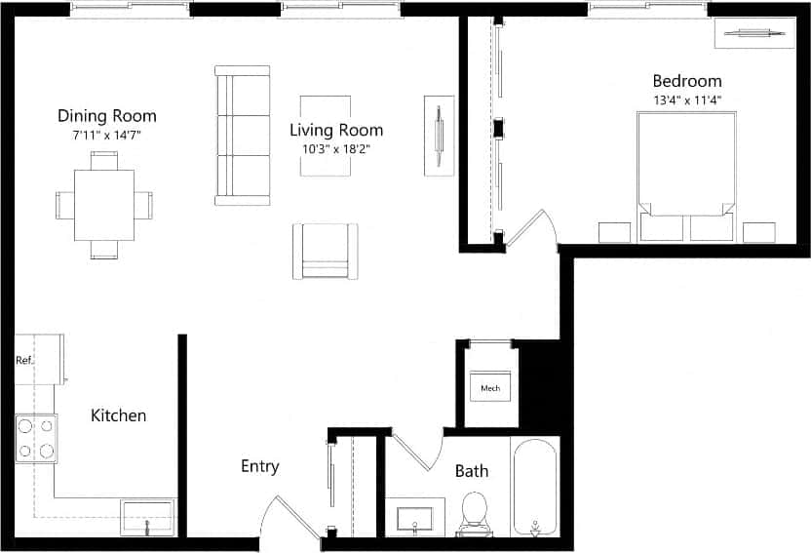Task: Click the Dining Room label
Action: (106, 116)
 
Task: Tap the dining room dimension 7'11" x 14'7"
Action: (106, 136)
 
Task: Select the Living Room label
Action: (336, 130)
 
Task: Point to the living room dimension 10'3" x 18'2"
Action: (336, 149)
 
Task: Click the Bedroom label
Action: (686, 81)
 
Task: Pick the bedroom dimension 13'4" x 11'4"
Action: (686, 99)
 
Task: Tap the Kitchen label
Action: (118, 415)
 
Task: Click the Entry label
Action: (259, 466)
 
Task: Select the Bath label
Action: (472, 471)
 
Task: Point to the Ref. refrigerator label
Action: (25, 360)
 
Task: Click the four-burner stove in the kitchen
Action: (36, 438)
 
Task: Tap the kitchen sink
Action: (147, 516)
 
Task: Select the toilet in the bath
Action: (474, 512)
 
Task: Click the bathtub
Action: (534, 487)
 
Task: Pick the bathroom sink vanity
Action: (415, 516)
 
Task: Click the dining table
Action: (104, 205)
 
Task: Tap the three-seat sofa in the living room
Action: (242, 136)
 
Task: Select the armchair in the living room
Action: (325, 252)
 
